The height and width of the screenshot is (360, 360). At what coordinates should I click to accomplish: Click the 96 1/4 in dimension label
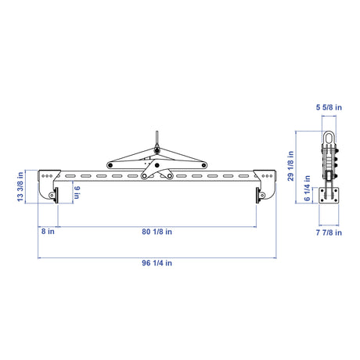[157, 263]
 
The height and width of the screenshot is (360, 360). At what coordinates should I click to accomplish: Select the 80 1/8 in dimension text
[157, 232]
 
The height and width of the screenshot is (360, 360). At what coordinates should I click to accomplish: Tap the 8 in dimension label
[48, 232]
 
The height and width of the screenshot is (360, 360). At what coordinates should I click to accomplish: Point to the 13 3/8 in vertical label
[20, 186]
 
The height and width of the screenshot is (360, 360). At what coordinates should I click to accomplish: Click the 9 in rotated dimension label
[77, 193]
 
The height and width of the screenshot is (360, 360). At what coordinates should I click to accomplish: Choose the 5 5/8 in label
[329, 107]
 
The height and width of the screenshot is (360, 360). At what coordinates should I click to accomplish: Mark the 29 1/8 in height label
[290, 166]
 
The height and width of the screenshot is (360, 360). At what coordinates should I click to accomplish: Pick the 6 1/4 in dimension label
[308, 188]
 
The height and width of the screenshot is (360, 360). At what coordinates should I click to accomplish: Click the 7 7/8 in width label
[329, 232]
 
